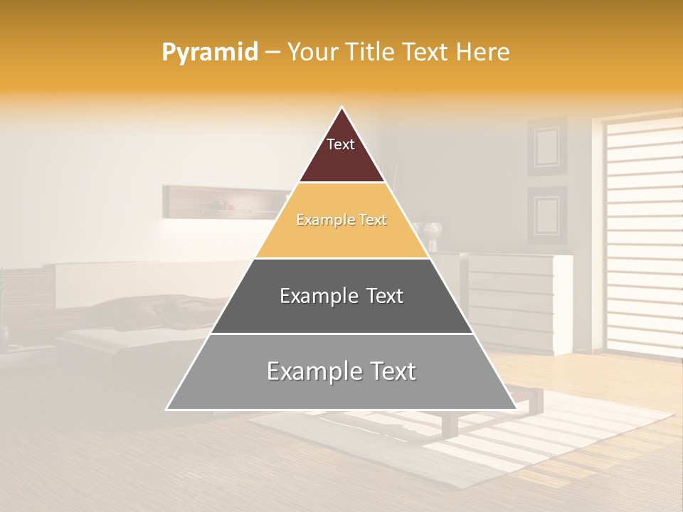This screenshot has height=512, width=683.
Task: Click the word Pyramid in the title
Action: pos(210,53)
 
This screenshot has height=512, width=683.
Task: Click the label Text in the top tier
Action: pos(341,144)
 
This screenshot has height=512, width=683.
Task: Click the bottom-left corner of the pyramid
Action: pos(168,409)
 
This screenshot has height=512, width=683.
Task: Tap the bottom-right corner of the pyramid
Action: pos(515,409)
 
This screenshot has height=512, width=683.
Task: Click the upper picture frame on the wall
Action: pos(546,146)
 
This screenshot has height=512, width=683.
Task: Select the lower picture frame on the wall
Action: pos(546,215)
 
